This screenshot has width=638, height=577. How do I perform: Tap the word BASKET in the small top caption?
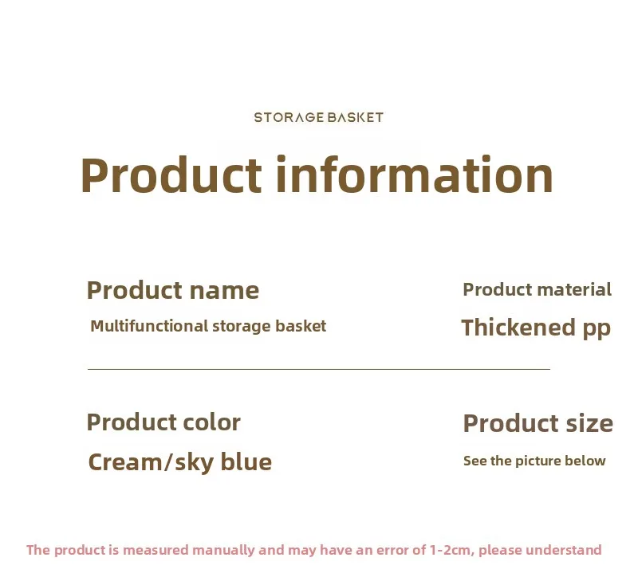pyautogui.click(x=355, y=117)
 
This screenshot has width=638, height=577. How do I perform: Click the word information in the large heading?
pyautogui.click(x=414, y=175)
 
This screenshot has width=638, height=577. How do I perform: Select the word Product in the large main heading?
pyautogui.click(x=171, y=175)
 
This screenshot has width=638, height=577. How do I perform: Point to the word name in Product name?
pyautogui.click(x=224, y=291)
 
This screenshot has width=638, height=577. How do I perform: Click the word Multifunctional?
pyautogui.click(x=149, y=326)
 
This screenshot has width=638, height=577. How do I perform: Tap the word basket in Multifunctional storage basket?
pyautogui.click(x=301, y=326)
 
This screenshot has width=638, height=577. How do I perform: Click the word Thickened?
pyautogui.click(x=518, y=328)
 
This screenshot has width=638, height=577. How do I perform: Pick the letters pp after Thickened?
pyautogui.click(x=597, y=329)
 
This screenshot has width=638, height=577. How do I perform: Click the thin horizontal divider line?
pyautogui.click(x=319, y=369)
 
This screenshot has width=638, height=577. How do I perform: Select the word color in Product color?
pyautogui.click(x=211, y=422)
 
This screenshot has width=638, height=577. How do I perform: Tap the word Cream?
pyautogui.click(x=125, y=462)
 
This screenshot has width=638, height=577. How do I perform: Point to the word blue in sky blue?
pyautogui.click(x=246, y=461)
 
